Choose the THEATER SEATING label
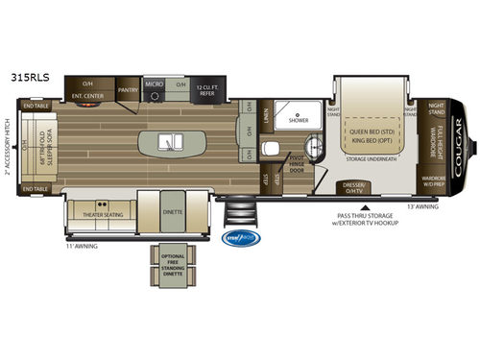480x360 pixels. [100, 215]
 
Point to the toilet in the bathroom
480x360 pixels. [271, 147]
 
